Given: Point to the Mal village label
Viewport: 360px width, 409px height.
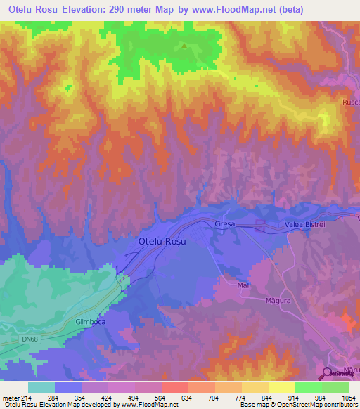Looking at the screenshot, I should coord(244,285).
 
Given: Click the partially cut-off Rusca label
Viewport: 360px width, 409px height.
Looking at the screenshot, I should coord(351,103).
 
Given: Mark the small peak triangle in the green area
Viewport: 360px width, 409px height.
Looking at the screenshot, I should coord(185,46).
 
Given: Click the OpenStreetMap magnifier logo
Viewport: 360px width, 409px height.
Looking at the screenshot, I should coord(328,372).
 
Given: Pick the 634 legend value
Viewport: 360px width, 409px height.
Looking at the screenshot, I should coord(187,397).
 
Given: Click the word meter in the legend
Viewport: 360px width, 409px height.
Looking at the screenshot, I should coord(11,397).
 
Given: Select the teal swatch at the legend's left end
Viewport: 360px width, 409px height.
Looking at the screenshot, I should coord(41,387).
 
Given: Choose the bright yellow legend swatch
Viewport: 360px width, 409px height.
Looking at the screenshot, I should coord(281,387).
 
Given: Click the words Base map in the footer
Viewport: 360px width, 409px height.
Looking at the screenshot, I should coord(255,405).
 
